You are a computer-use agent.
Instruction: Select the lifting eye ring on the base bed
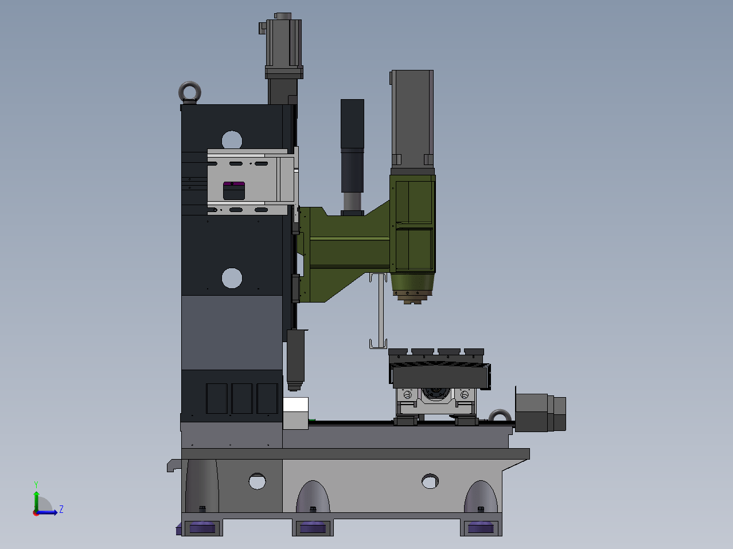[x=500, y=411]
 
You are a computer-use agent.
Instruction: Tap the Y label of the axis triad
[x=36, y=485]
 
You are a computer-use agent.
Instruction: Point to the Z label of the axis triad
[x=61, y=509]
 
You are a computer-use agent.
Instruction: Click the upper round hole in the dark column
[x=232, y=140]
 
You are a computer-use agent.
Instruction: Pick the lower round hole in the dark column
[x=232, y=278]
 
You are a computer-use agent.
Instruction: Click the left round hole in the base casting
[x=257, y=481]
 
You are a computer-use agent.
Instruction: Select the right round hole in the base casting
[x=430, y=481]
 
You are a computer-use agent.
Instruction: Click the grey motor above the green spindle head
[x=412, y=121]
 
